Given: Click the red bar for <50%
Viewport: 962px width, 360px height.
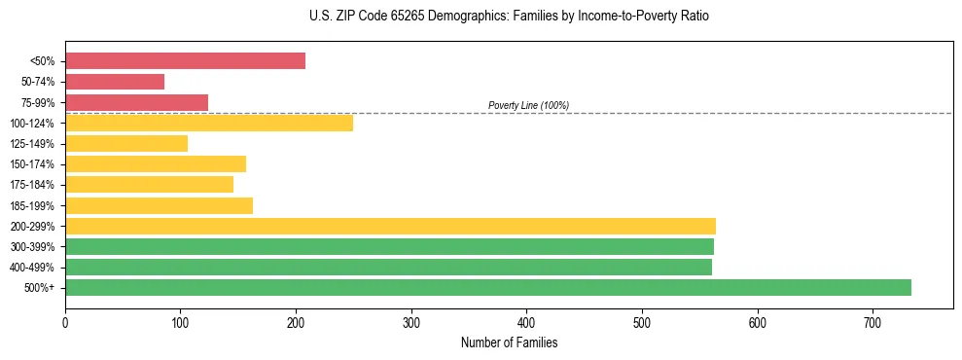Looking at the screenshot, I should [x=185, y=61].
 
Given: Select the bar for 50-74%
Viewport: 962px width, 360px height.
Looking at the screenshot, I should [x=115, y=82].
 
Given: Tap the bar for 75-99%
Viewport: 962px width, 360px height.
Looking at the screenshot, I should [x=136, y=102].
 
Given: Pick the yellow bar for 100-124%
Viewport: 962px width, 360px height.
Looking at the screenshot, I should [x=209, y=123].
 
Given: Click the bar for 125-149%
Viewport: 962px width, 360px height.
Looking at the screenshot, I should [x=126, y=143].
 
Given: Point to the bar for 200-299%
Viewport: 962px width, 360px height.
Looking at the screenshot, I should [x=390, y=226].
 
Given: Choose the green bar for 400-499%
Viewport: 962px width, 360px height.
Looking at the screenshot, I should [x=388, y=267].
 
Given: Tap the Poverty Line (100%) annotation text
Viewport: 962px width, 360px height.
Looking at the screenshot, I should [x=528, y=105].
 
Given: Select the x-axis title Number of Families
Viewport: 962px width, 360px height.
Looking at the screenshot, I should [x=509, y=343].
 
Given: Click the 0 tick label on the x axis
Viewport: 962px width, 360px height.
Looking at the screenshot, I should [x=65, y=322].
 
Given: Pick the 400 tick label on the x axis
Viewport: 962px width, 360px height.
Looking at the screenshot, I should [x=526, y=322].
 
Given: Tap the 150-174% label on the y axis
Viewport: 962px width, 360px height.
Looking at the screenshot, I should [x=32, y=164].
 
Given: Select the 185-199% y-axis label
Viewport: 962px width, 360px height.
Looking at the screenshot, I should [x=32, y=205].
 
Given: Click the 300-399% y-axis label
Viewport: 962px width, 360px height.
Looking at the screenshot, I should [x=32, y=247].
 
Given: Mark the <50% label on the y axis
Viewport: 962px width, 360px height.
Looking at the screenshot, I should [x=42, y=61].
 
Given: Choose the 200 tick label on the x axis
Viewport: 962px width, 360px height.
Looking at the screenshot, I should [x=296, y=322].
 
